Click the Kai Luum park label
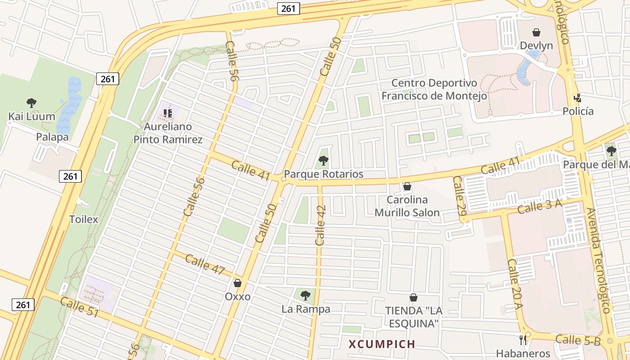(x=31, y=117)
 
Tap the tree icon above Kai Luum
(x=31, y=103)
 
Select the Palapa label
(x=52, y=137)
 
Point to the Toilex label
(x=84, y=220)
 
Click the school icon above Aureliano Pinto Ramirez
(x=168, y=113)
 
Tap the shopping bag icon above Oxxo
(x=238, y=283)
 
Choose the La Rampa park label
(x=306, y=309)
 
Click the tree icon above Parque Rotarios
(x=323, y=160)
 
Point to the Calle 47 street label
(x=205, y=264)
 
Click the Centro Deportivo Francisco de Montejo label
(x=434, y=89)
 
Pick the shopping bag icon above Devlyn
(x=536, y=32)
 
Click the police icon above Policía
(x=578, y=98)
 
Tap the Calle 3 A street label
(x=540, y=207)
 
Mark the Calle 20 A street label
(x=515, y=284)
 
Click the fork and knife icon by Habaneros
(x=523, y=340)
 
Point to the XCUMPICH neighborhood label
(x=382, y=344)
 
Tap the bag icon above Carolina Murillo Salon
(x=407, y=186)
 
